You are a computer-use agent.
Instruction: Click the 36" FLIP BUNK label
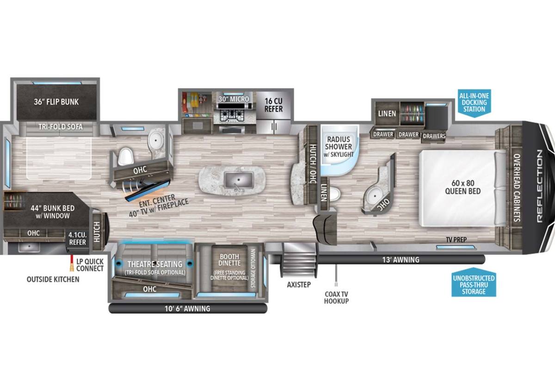(56, 102)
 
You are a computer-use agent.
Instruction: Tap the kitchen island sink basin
(238, 180)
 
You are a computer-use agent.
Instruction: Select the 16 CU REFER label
(273, 105)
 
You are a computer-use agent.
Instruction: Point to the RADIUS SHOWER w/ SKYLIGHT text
(339, 146)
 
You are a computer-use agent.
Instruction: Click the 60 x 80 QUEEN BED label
(463, 187)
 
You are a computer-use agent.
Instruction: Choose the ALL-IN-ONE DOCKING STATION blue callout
(474, 103)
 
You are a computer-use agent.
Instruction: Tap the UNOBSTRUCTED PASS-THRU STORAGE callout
(474, 283)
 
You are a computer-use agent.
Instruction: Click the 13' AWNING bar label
(401, 260)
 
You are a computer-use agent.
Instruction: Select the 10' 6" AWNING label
(187, 309)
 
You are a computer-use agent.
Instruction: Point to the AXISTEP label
(299, 285)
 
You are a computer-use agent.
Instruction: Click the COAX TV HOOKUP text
(337, 297)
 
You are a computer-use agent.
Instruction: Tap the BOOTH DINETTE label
(229, 260)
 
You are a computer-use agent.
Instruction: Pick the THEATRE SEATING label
(155, 264)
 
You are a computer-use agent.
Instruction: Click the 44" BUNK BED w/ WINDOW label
(53, 212)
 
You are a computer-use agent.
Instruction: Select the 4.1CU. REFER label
(77, 238)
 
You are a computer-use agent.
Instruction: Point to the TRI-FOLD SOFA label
(61, 127)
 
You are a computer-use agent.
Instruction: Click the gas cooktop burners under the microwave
(232, 115)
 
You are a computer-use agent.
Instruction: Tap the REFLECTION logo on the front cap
(540, 186)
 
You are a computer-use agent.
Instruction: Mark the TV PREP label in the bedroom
(456, 240)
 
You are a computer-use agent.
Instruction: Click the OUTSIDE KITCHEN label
(53, 279)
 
